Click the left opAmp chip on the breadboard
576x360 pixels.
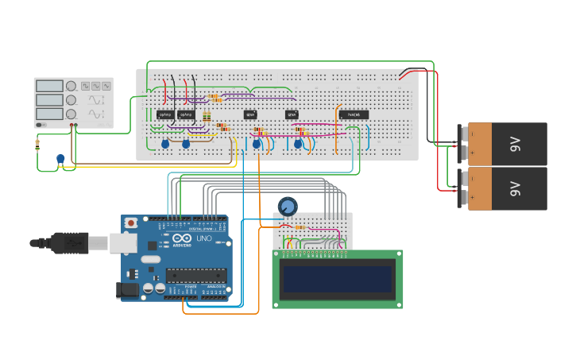pyautogui.click(x=165, y=114)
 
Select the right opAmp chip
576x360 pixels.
pyautogui.click(x=186, y=114)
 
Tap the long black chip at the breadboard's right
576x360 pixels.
pyautogui.click(x=354, y=114)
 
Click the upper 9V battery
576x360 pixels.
pyautogui.click(x=506, y=143)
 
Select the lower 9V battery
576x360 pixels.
pyautogui.click(x=506, y=188)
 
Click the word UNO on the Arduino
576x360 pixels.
pyautogui.click(x=203, y=238)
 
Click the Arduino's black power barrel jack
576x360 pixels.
pyautogui.click(x=127, y=291)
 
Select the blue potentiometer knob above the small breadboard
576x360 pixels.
pyautogui.click(x=288, y=207)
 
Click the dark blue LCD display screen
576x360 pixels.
pyautogui.click(x=338, y=279)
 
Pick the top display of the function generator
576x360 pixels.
pyautogui.click(x=48, y=86)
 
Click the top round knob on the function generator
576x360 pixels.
pyautogui.click(x=71, y=86)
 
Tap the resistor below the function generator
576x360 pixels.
pyautogui.click(x=37, y=145)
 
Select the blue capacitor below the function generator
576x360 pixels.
pyautogui.click(x=60, y=159)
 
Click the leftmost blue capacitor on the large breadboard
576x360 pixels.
pyautogui.click(x=165, y=144)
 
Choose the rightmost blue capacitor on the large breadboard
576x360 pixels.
pyautogui.click(x=299, y=144)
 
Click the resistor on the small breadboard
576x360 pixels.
pyautogui.click(x=300, y=226)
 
